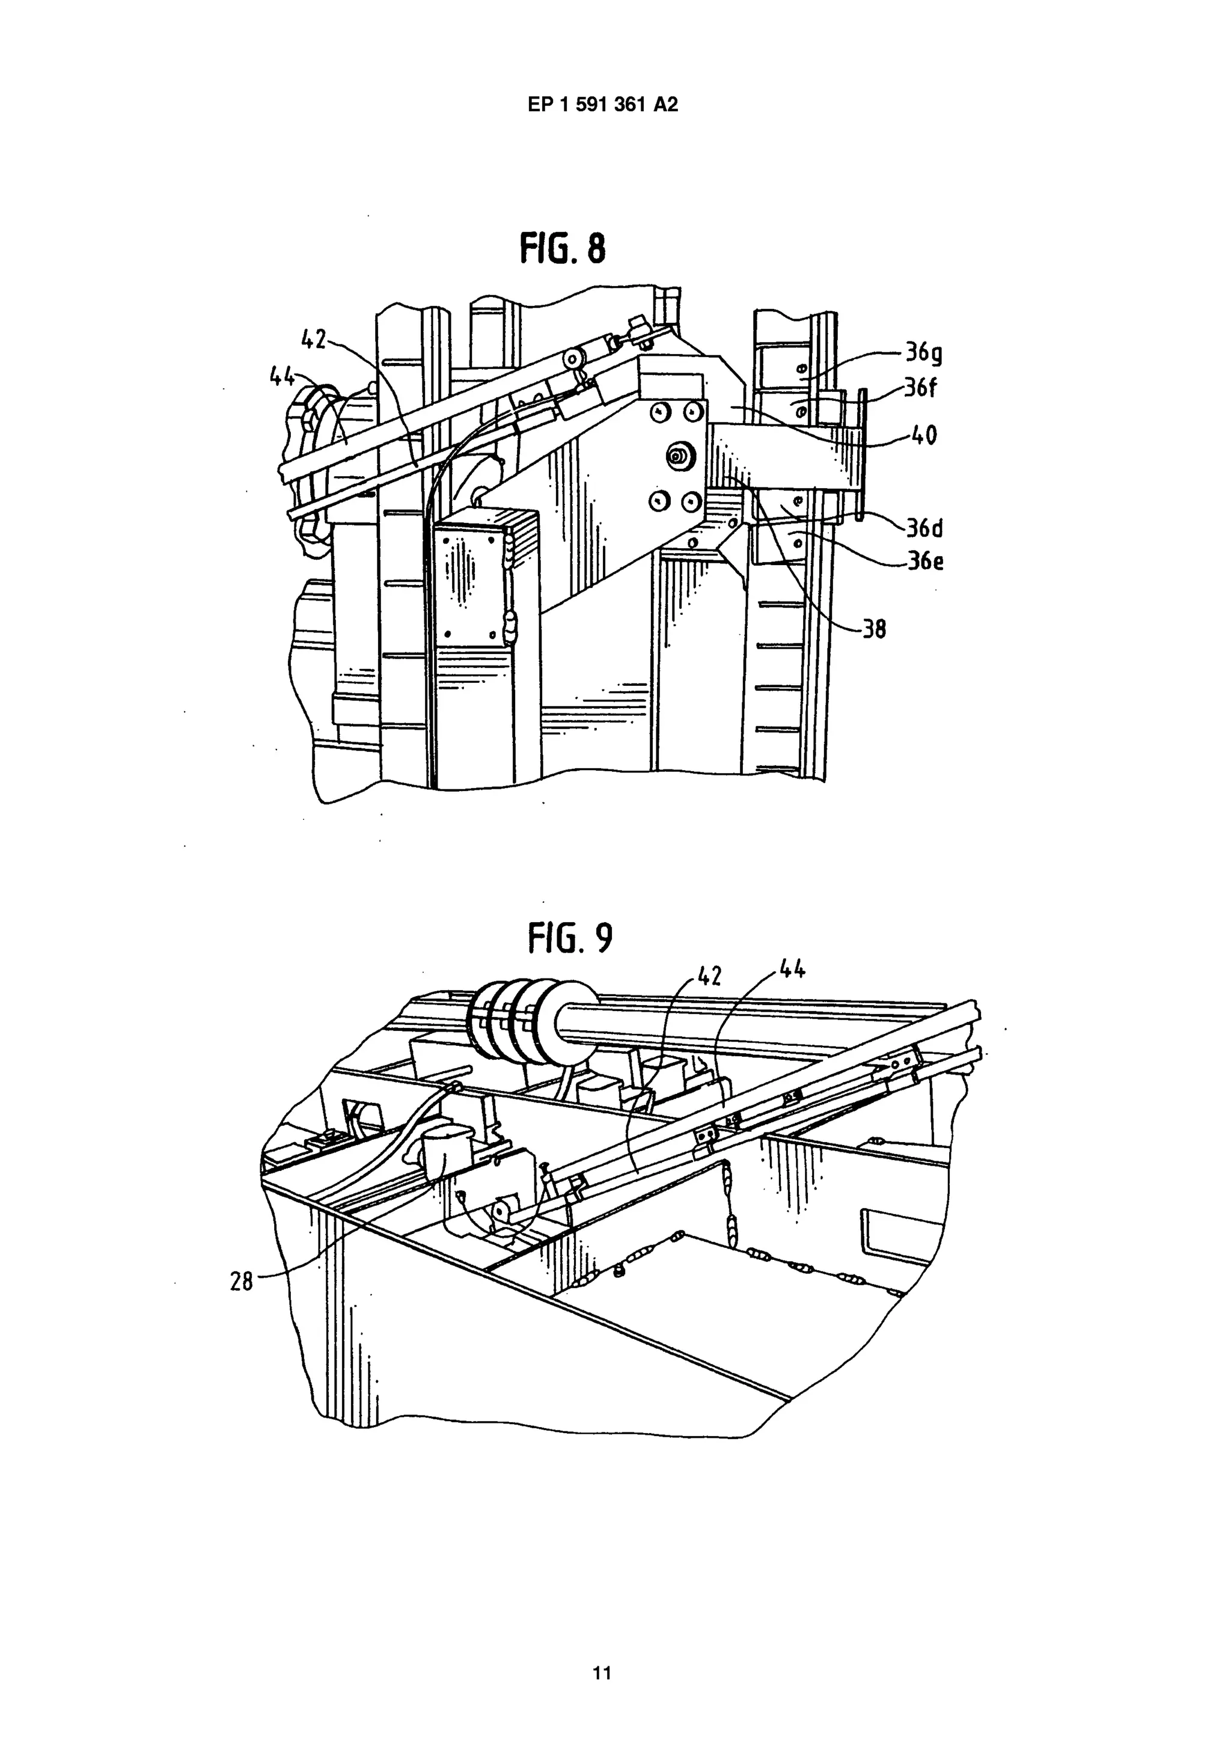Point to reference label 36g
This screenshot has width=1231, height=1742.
click(x=923, y=353)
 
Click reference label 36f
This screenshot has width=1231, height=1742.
click(x=921, y=388)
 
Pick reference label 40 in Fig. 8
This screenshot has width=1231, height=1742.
click(x=921, y=435)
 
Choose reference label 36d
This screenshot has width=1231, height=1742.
click(x=924, y=527)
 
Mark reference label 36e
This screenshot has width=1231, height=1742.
click(x=925, y=562)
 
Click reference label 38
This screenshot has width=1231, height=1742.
click(x=874, y=629)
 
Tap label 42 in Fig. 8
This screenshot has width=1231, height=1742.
click(x=314, y=339)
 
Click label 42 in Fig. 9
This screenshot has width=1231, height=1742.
click(x=709, y=976)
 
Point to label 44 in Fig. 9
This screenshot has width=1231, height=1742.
click(x=790, y=969)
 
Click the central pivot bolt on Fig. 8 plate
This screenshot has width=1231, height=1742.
click(x=675, y=456)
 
